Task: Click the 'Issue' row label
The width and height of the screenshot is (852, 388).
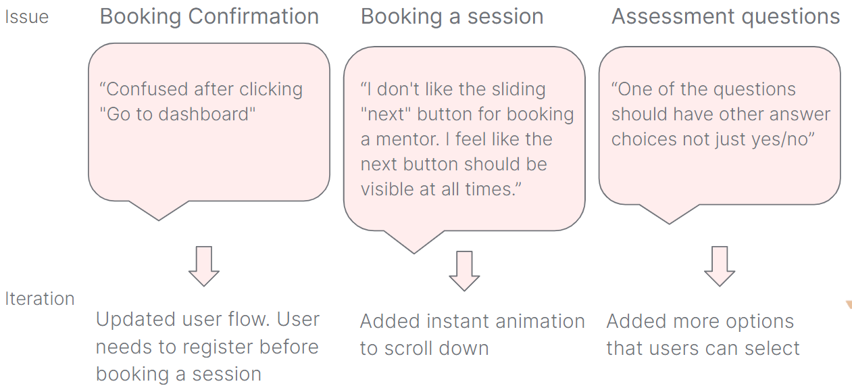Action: [27, 18]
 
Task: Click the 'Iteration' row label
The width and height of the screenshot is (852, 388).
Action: [40, 299]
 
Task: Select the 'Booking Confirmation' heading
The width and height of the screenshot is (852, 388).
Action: [209, 16]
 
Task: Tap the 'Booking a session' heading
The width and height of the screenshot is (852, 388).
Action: [452, 16]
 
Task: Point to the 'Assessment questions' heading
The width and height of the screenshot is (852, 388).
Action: [726, 16]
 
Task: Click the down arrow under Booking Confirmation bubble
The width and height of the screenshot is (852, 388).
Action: [203, 266]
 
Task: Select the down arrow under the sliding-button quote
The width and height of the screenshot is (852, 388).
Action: [464, 271]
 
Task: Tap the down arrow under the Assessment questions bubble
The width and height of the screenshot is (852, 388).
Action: [720, 266]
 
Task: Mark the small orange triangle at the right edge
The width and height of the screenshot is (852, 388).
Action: [849, 306]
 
